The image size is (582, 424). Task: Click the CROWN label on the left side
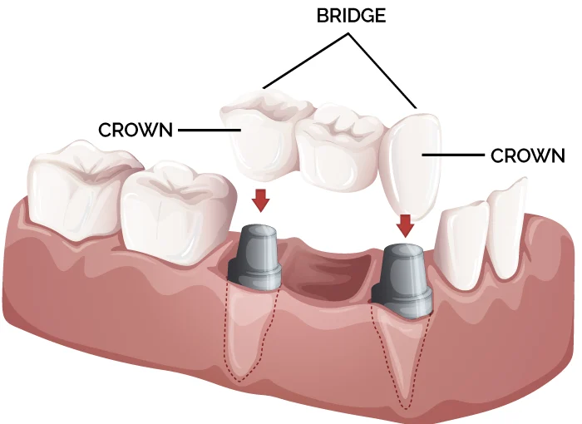click(136, 131)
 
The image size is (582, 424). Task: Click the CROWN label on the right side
click(528, 155)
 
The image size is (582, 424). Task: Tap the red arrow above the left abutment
click(261, 200)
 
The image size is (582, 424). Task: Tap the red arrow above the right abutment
click(406, 224)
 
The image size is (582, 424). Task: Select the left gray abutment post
click(258, 253)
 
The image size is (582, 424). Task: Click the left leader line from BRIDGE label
click(308, 58)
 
